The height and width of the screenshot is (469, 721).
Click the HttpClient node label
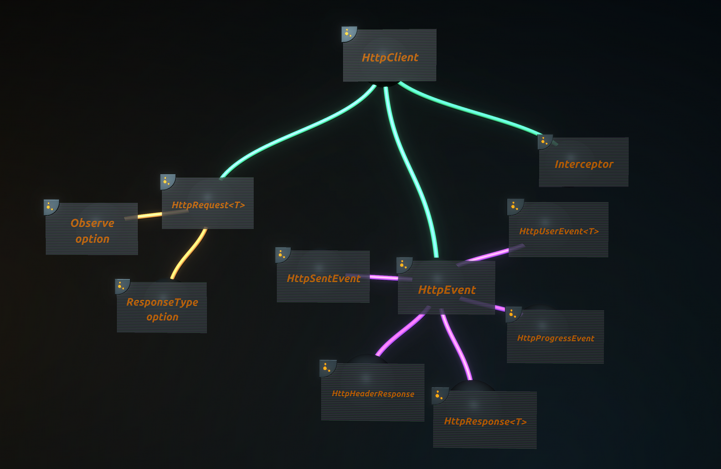click(390, 58)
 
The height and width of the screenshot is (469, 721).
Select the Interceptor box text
click(584, 164)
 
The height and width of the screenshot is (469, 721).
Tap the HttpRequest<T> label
click(208, 205)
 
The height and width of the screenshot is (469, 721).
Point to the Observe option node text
click(92, 231)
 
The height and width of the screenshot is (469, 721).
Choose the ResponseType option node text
click(162, 309)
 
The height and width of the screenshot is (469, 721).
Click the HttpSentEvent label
click(323, 278)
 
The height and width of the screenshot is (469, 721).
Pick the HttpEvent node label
click(447, 290)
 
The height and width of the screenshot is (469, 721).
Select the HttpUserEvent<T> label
click(559, 231)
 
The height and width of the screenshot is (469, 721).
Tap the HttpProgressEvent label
click(556, 338)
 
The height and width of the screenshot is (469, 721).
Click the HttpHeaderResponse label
click(373, 394)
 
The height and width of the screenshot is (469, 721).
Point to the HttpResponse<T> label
click(485, 421)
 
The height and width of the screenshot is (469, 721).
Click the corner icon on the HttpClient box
click(349, 34)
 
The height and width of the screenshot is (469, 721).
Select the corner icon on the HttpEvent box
click(404, 265)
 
